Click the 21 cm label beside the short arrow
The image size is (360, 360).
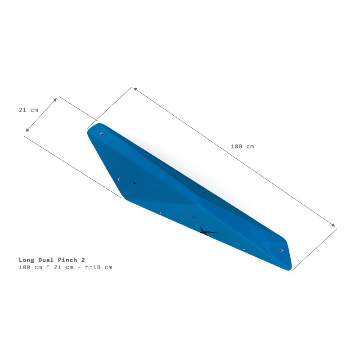pos(28,110)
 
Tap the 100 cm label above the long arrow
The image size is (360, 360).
pos(242,146)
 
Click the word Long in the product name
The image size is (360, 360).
pos(26,260)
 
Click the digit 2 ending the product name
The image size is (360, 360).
pos(83,260)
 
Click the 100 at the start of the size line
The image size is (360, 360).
pos(24,267)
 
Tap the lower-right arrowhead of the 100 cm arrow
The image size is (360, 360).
pos(334,225)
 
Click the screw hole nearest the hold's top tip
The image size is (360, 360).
pos(102,134)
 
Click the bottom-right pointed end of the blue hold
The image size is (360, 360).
pos(290,270)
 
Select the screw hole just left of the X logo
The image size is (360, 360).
pos(194,218)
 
